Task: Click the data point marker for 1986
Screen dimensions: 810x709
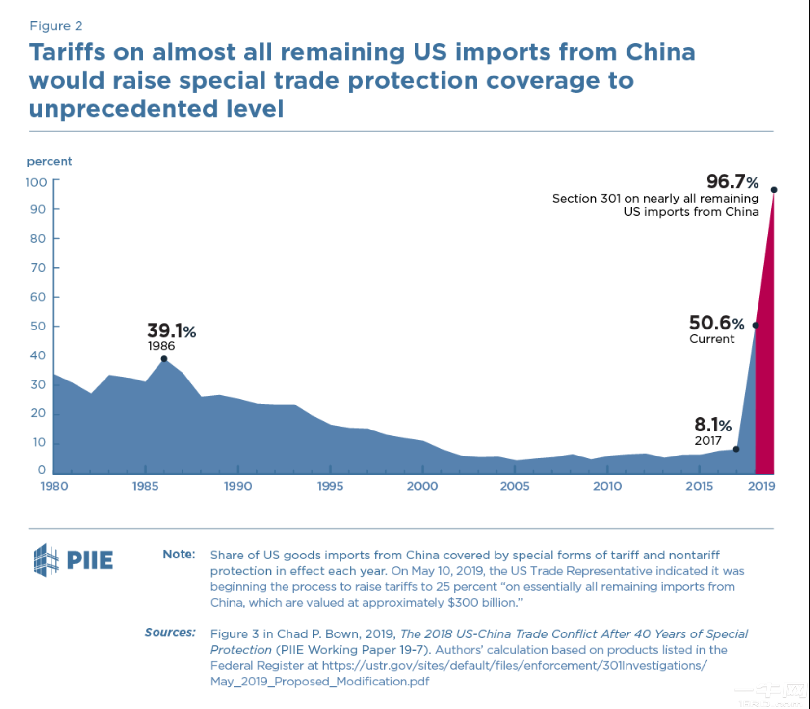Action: coord(164,359)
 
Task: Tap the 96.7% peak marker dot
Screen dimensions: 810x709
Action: coord(774,190)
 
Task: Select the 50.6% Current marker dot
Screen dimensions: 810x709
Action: coord(756,325)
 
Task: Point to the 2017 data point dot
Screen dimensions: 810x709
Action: coord(736,449)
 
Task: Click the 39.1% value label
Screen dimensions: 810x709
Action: coord(172,331)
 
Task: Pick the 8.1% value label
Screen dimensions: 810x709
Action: coord(713,425)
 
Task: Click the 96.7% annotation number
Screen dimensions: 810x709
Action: coord(732,181)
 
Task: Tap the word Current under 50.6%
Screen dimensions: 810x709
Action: coord(712,339)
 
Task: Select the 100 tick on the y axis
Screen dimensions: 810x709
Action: coord(36,182)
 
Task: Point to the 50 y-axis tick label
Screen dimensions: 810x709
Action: coord(38,326)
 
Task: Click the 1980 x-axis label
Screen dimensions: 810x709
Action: coord(54,486)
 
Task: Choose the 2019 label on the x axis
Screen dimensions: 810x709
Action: coord(761,486)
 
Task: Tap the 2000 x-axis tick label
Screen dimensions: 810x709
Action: coord(422,486)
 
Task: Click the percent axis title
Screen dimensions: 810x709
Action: coord(50,161)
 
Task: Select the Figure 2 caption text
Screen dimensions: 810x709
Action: coord(56,25)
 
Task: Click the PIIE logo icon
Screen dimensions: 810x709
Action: coord(47,560)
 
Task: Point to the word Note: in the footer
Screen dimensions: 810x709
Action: coord(179,554)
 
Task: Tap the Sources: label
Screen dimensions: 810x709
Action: coord(170,633)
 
